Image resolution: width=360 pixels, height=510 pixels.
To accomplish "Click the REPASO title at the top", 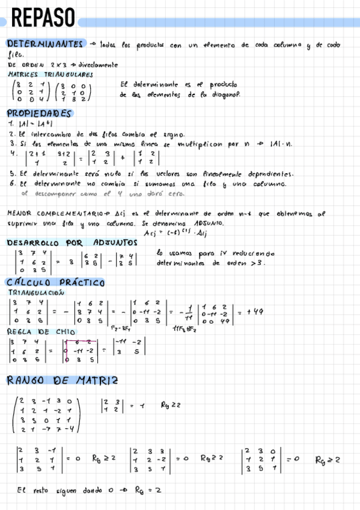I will coord(43,19).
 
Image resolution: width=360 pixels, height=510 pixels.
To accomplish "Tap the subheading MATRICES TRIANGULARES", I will coord(50,75).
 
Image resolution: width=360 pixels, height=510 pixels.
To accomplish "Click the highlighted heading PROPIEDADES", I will coord(38,113).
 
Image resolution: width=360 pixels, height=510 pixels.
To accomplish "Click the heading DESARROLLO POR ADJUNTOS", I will coord(72,242).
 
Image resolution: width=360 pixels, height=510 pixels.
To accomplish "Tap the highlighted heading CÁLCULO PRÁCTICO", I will coord(55,283).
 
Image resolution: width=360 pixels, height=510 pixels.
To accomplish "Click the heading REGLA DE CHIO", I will coord(41,331).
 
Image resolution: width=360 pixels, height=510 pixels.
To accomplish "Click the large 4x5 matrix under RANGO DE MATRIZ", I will coord(46,415).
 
